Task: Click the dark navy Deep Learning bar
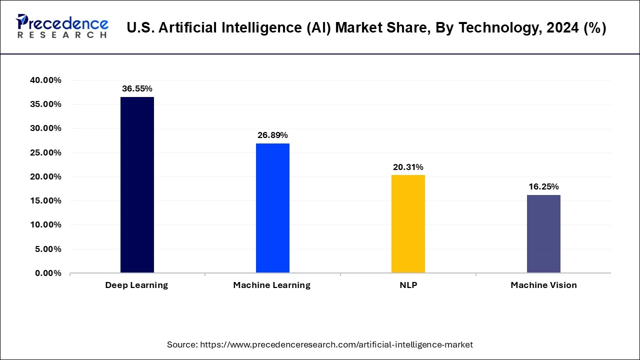tap(137, 185)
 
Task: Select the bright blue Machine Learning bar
tap(272, 208)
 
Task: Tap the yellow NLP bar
tap(408, 224)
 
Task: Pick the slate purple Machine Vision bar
tap(543, 234)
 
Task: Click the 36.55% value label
tap(137, 88)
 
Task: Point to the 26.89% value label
tap(272, 135)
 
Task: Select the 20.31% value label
tap(408, 167)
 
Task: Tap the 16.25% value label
tap(543, 186)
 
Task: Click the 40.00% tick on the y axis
tap(45, 80)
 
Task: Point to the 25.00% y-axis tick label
tap(45, 152)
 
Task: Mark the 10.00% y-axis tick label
tap(45, 225)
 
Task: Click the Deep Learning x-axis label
tap(136, 285)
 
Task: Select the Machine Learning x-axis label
tap(271, 285)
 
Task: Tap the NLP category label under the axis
tap(408, 285)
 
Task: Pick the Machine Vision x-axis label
tap(543, 285)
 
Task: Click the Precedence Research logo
tap(62, 26)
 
